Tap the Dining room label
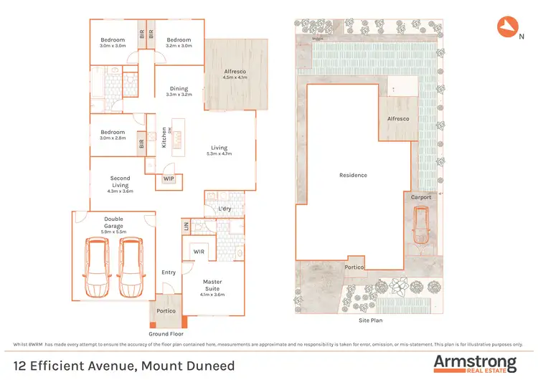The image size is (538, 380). click(179, 89)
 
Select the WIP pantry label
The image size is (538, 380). click(169, 178)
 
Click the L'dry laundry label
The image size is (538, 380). click(223, 209)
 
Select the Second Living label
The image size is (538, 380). click(120, 182)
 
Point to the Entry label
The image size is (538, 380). click(169, 272)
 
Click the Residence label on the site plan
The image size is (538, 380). click(353, 175)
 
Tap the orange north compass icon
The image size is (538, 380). click(506, 27)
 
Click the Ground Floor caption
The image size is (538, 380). click(166, 334)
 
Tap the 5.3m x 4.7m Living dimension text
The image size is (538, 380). click(219, 153)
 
